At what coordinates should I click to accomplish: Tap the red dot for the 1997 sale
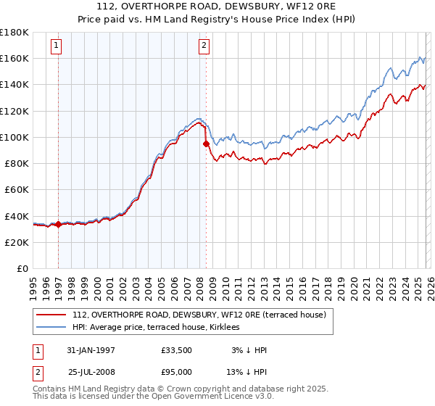(x=59, y=224)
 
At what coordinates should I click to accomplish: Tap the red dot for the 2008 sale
(x=206, y=144)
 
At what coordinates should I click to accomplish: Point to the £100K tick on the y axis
(x=14, y=137)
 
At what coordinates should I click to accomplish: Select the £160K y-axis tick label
(x=14, y=58)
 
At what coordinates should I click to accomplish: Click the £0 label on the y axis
(x=22, y=269)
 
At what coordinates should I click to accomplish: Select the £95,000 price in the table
(x=176, y=371)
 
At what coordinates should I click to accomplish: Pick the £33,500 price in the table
(x=176, y=350)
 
